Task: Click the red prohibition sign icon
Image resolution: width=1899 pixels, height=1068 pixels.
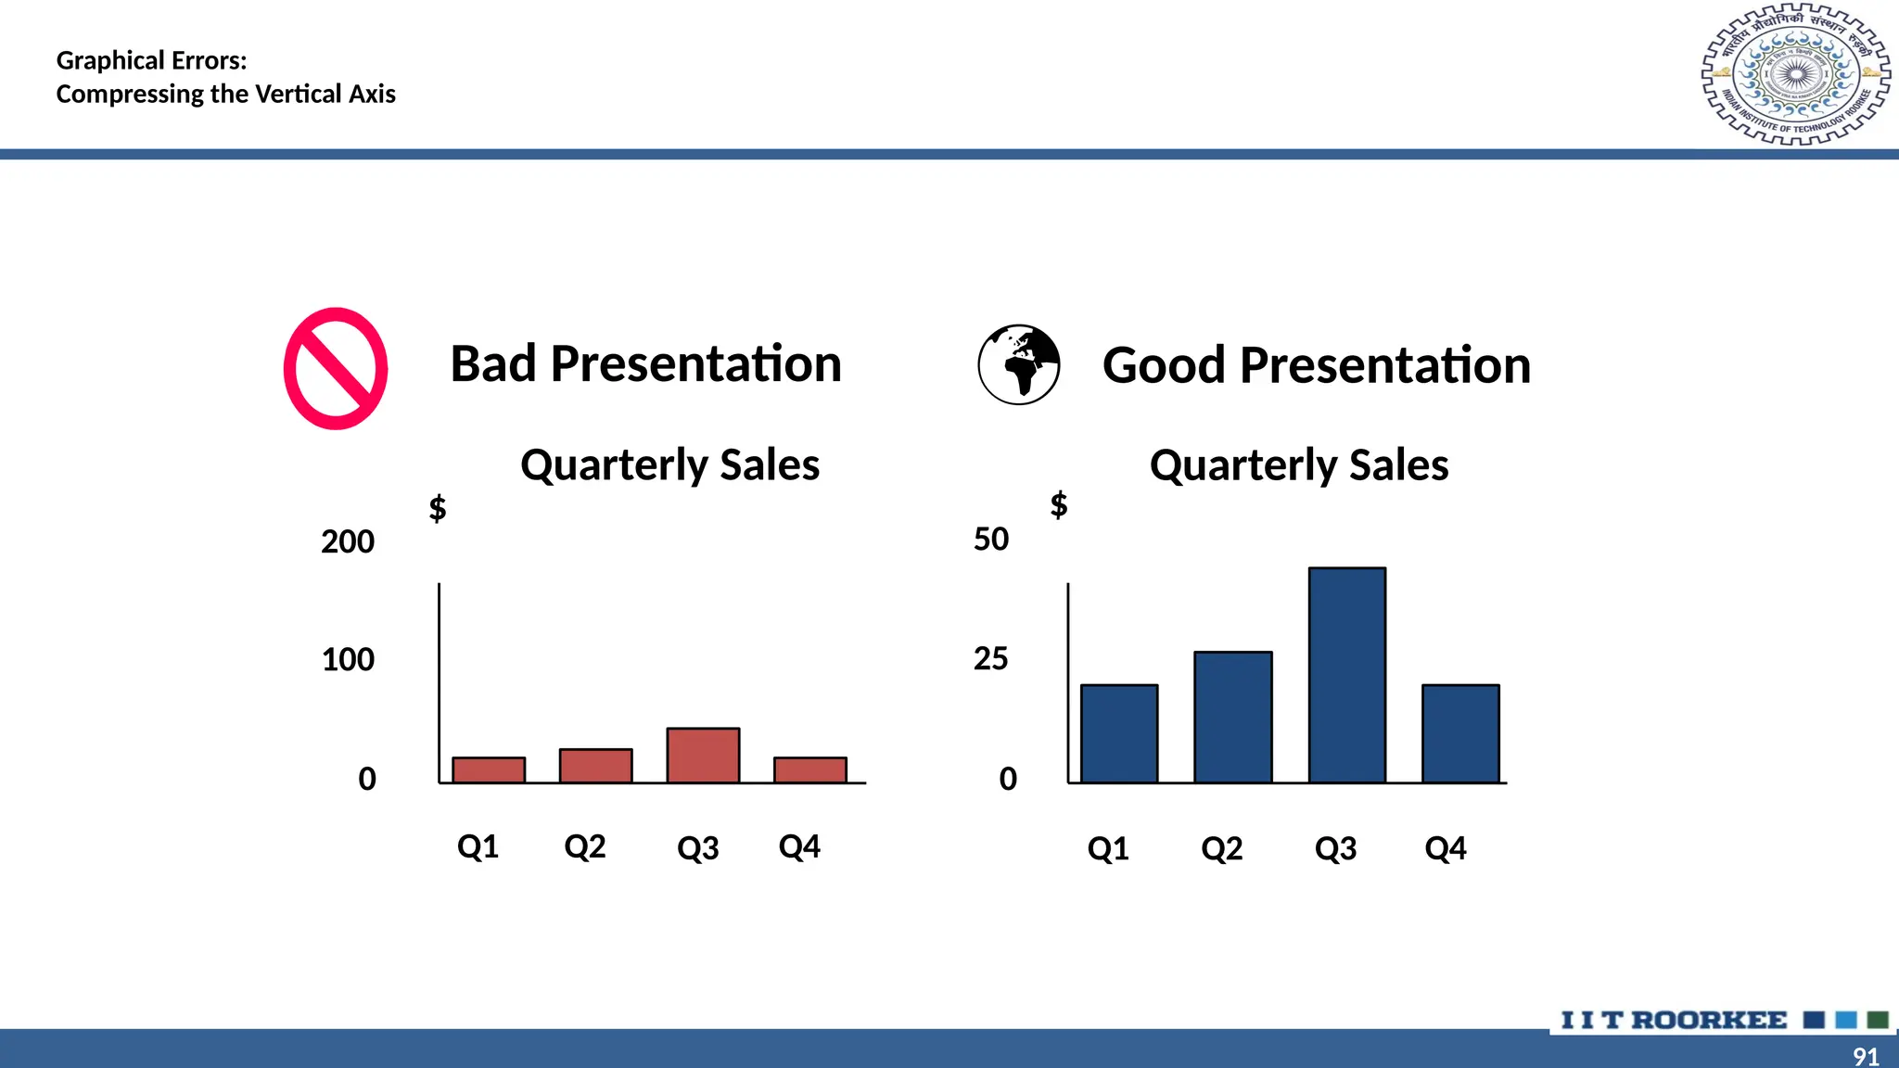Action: click(336, 368)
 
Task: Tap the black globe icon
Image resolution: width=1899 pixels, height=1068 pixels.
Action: click(1019, 364)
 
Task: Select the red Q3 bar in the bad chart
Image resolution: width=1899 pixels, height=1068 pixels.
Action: click(703, 756)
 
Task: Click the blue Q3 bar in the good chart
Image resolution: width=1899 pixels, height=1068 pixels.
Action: click(1347, 675)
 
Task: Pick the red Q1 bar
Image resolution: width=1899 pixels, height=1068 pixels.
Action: click(489, 770)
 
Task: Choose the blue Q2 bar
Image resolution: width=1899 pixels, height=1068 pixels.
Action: click(1232, 717)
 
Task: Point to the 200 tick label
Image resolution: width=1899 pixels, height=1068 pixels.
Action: click(348, 541)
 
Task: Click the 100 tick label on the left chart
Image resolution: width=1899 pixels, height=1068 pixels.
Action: click(348, 660)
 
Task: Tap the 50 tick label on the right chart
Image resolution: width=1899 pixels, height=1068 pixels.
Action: click(991, 540)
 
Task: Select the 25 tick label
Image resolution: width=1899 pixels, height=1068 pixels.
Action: click(990, 659)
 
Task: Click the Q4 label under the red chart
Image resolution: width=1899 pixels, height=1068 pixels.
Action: click(799, 846)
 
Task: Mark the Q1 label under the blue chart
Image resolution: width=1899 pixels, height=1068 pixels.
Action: click(1108, 848)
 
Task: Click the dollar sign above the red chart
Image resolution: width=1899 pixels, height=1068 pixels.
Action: click(438, 508)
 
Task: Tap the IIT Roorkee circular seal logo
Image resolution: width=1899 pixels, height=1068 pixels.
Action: click(1796, 75)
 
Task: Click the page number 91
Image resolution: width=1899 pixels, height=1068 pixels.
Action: click(1866, 1056)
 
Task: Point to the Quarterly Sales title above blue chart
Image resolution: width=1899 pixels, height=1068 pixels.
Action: click(1298, 464)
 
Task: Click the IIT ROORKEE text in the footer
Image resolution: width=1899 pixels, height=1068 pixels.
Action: click(1674, 1020)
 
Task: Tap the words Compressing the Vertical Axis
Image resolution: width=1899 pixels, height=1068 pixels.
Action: click(225, 94)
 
